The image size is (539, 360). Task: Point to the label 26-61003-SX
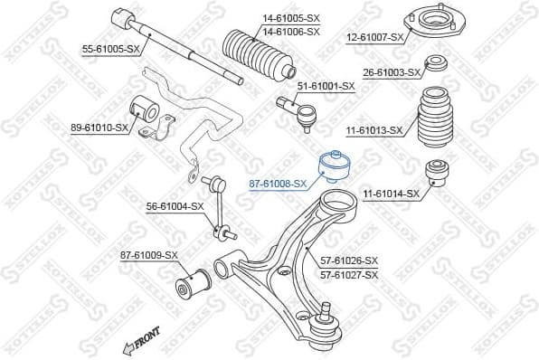(x=392, y=72)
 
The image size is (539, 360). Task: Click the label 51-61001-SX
(x=326, y=85)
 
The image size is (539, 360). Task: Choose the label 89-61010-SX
(x=99, y=128)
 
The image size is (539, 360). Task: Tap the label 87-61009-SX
(x=149, y=256)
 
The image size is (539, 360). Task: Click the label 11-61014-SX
(x=392, y=194)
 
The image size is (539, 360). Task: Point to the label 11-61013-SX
(x=374, y=130)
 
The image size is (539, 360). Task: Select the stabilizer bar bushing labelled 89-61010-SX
(x=146, y=110)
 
